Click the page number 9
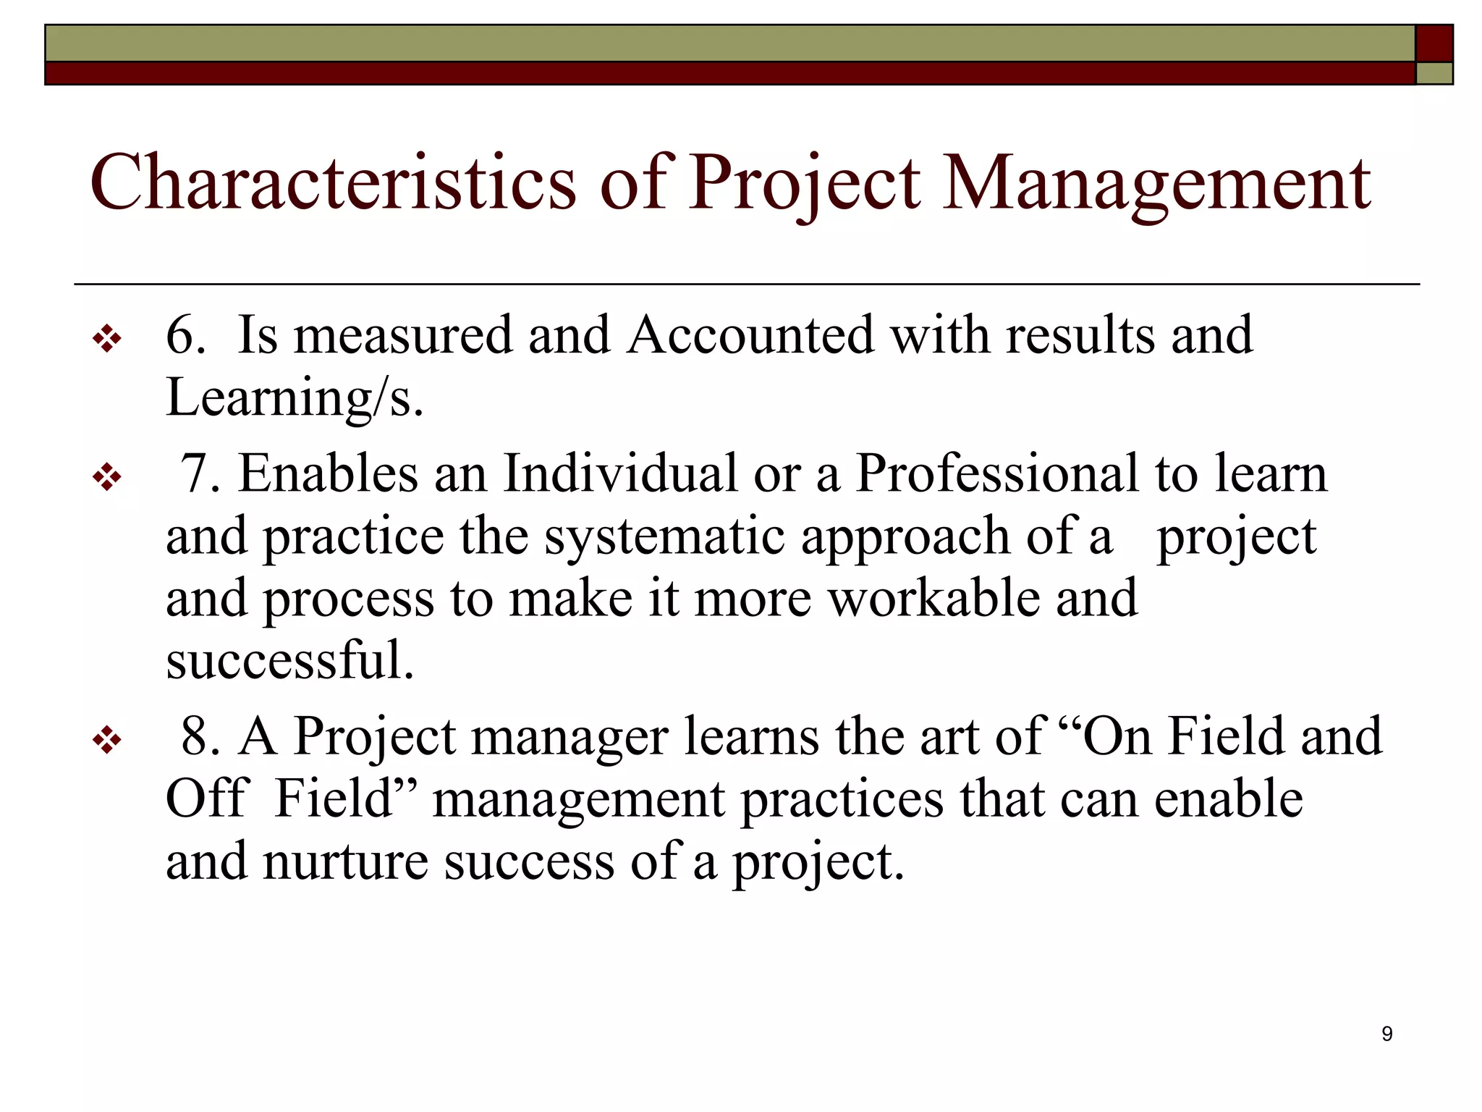tap(1386, 1034)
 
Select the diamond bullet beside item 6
tap(107, 339)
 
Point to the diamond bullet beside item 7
tap(107, 478)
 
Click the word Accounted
tap(750, 335)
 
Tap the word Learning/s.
tap(294, 398)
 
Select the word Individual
tap(619, 473)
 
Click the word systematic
tap(664, 537)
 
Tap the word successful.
tap(289, 660)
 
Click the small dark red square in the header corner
tap(1434, 43)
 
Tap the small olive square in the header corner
tap(1434, 74)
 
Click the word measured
tap(402, 335)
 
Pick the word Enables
tap(329, 473)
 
